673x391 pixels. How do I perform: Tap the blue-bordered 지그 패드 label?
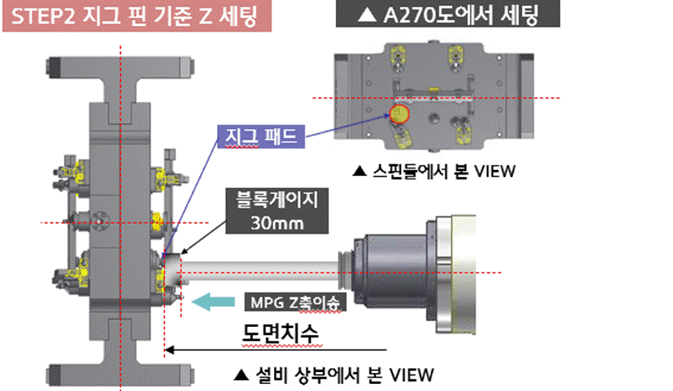(x=261, y=137)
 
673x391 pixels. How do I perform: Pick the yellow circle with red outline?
(x=401, y=114)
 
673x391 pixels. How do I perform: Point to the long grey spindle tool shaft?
(x=262, y=271)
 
